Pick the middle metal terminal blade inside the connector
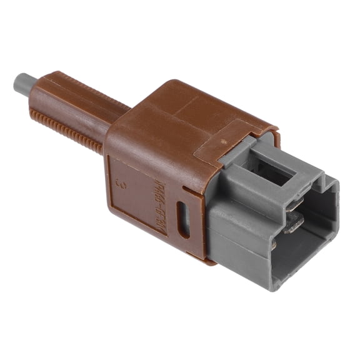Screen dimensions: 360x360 [x=294, y=222]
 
